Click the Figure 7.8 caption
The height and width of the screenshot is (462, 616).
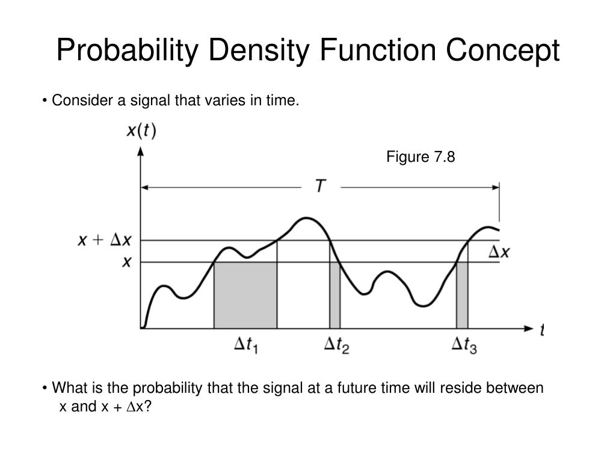click(420, 158)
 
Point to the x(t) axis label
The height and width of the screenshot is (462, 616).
click(141, 131)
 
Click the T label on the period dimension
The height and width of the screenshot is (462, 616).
click(321, 187)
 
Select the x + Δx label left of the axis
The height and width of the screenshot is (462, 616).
click(105, 240)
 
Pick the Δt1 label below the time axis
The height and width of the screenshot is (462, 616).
click(247, 345)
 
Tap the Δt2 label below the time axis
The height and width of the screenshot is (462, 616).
click(337, 345)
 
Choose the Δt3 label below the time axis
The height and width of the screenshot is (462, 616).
click(464, 345)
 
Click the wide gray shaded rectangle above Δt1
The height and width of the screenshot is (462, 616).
click(245, 295)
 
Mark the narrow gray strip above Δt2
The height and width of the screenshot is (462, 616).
click(334, 295)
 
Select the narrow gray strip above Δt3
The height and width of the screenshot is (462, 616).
click(462, 295)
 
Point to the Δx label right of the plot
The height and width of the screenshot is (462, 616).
click(498, 252)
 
